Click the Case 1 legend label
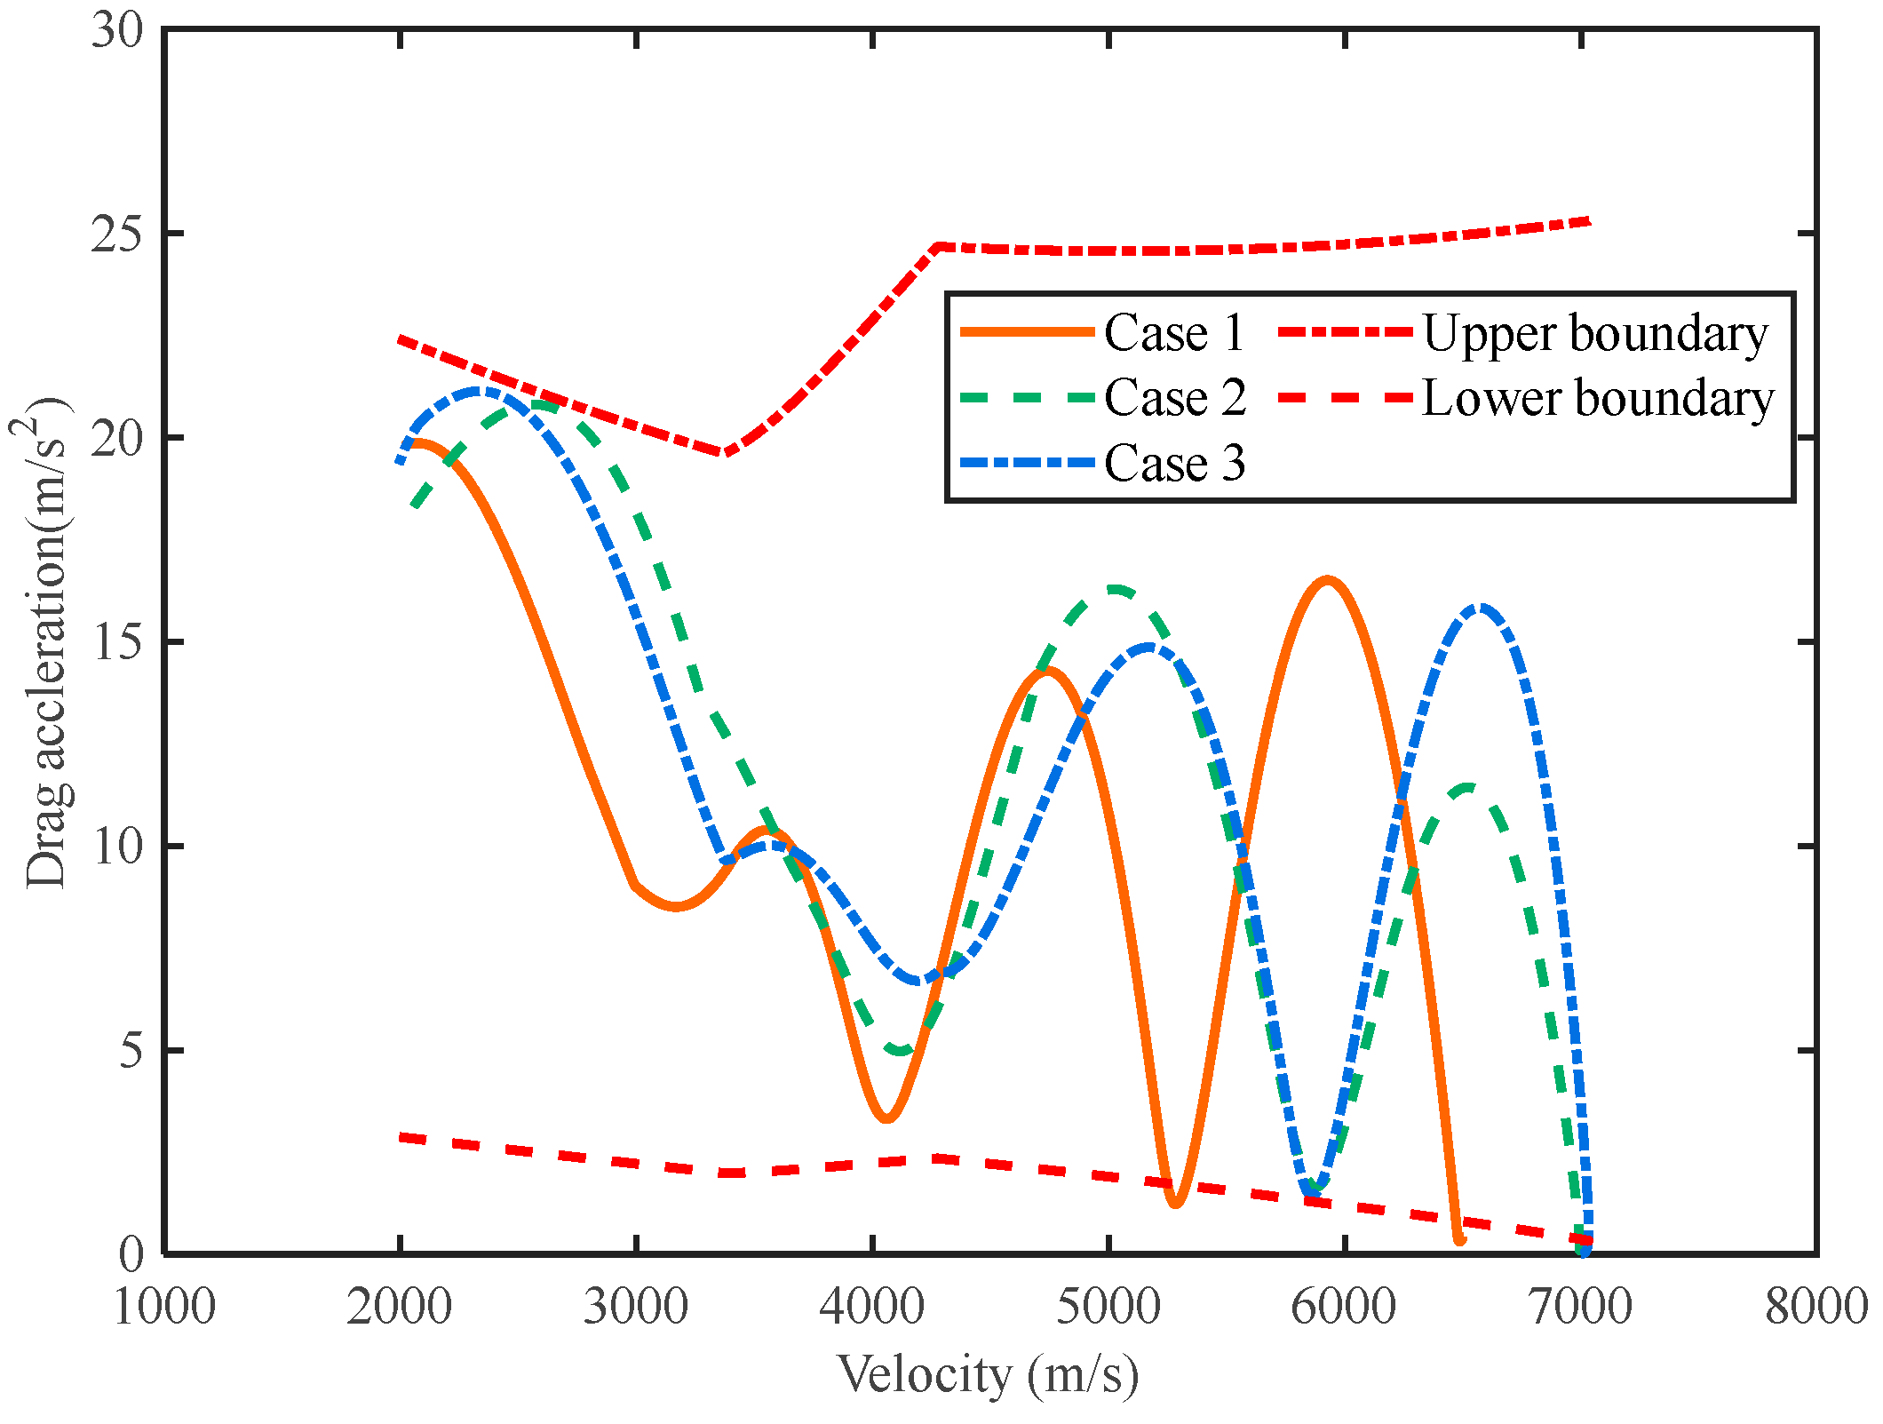coord(1173,333)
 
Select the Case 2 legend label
coord(1173,398)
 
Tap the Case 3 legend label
coord(1173,463)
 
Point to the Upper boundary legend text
coord(1595,335)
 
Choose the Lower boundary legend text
coord(1598,399)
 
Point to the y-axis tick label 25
coord(116,235)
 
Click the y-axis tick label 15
coord(116,642)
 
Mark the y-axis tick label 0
coord(131,1253)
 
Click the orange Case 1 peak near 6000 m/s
coord(1327,581)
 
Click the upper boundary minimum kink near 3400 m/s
coord(723,453)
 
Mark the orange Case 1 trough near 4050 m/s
coord(886,1118)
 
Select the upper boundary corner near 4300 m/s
coord(939,246)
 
